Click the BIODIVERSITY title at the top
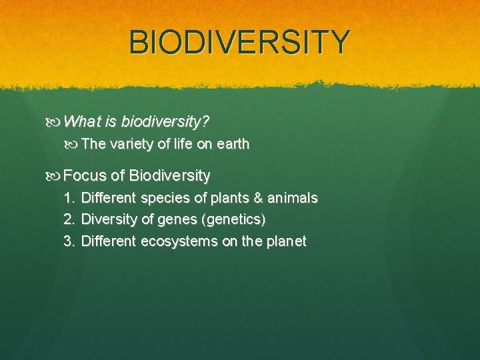[x=239, y=41]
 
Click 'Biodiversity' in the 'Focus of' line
[x=170, y=176]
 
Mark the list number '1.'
[x=69, y=198]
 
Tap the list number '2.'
[x=69, y=219]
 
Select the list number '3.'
[x=69, y=241]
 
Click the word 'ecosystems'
[x=178, y=241]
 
